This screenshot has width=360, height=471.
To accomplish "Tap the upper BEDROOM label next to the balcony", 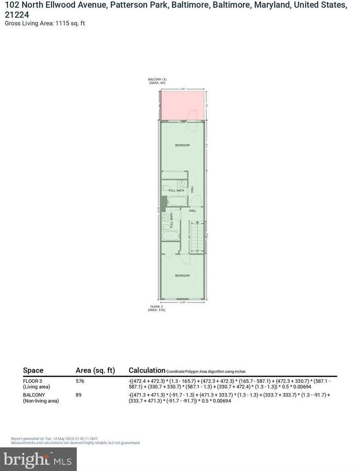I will (x=182, y=145).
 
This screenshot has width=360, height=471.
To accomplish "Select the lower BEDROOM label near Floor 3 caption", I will (x=182, y=275).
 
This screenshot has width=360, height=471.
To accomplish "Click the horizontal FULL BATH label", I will (x=176, y=191).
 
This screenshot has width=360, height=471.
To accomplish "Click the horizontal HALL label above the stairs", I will (x=193, y=211).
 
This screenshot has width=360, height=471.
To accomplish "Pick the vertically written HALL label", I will (x=192, y=190).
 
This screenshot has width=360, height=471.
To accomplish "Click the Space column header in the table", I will (x=33, y=370).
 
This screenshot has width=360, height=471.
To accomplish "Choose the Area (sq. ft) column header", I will (x=95, y=370).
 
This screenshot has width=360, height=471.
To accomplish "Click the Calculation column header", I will (x=147, y=370).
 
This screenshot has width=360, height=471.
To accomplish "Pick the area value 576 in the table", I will (x=80, y=381).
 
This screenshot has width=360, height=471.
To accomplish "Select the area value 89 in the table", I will (x=79, y=395).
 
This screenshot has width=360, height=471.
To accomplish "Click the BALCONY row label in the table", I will (x=34, y=395).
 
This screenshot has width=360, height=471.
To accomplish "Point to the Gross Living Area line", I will (x=45, y=23).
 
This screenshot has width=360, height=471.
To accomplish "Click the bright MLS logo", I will (x=38, y=459).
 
